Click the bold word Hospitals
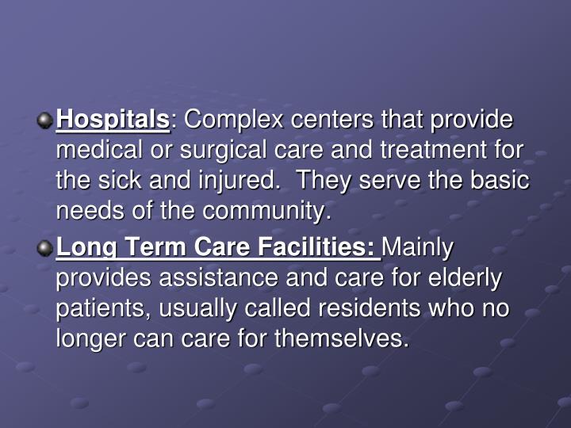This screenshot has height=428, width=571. pyautogui.click(x=112, y=120)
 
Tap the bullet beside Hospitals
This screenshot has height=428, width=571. pyautogui.click(x=45, y=120)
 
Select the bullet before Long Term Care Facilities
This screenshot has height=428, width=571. pyautogui.click(x=45, y=248)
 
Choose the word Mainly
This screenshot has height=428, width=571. pyautogui.click(x=419, y=248)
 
